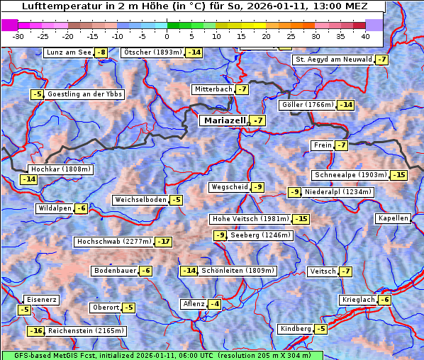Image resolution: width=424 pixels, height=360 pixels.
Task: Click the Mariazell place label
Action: (x=224, y=120)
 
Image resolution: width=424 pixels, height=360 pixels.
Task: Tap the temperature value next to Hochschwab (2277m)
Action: (x=164, y=242)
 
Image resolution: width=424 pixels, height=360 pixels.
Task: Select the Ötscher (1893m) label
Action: (x=152, y=52)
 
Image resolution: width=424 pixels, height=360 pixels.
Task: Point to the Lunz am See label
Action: (x=69, y=52)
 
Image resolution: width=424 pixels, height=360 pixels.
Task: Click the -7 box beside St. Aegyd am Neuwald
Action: (x=382, y=60)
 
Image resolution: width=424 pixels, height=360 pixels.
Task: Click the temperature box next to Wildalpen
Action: (x=81, y=208)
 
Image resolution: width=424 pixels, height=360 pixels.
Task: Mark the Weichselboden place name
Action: (x=140, y=200)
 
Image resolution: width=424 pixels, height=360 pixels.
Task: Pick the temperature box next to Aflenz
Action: (x=214, y=304)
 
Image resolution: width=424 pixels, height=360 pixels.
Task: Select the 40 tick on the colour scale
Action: (x=365, y=36)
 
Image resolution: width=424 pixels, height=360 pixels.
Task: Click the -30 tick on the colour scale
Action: (x=18, y=36)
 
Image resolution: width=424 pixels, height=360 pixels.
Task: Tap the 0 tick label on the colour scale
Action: (x=167, y=36)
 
